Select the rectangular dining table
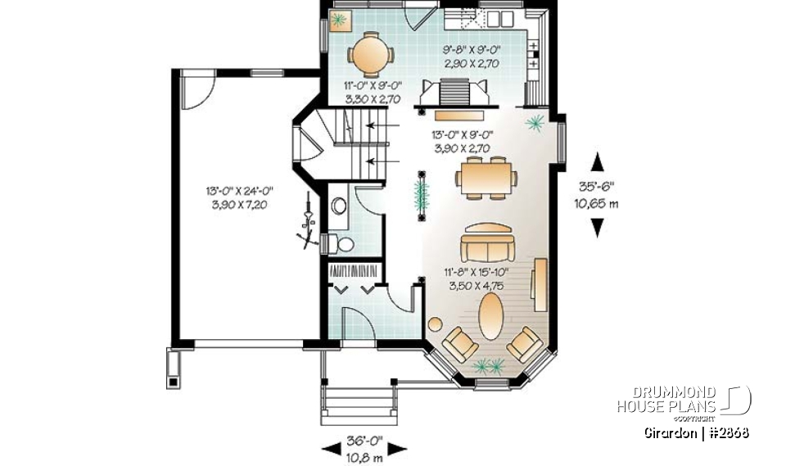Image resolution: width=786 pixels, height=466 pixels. pyautogui.click(x=487, y=178)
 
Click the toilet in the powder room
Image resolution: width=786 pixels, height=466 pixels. pyautogui.click(x=341, y=243)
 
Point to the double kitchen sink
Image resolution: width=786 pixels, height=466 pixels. pyautogui.click(x=498, y=17)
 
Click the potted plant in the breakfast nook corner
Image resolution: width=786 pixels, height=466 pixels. pyautogui.click(x=340, y=18)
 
